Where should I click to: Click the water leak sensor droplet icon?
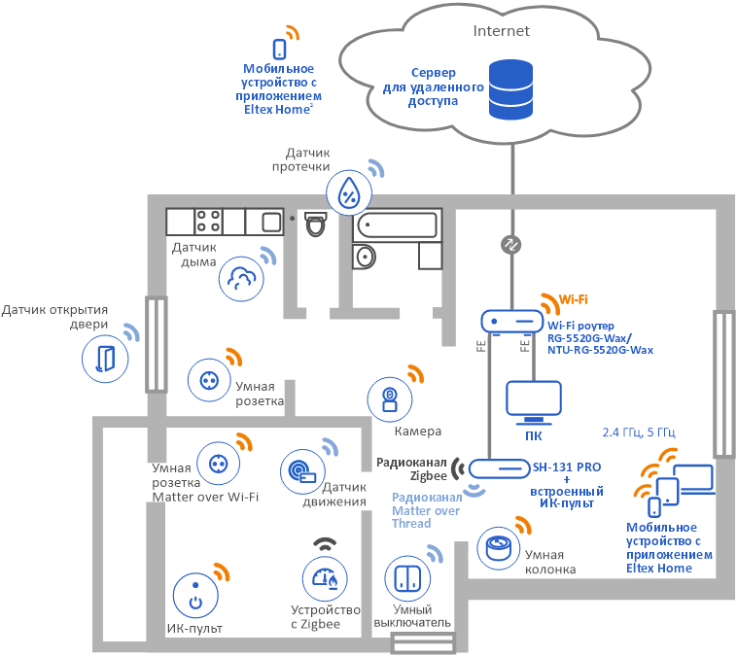tap(349, 193)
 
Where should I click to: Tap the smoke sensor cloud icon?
tap(241, 279)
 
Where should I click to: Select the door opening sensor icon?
tap(105, 359)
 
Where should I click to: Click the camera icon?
tap(390, 399)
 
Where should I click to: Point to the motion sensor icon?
tap(302, 471)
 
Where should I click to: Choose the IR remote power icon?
tap(195, 596)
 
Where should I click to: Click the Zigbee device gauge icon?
tap(325, 579)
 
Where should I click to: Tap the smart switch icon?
tap(407, 578)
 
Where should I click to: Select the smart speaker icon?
tap(499, 548)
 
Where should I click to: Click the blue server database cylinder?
tap(510, 88)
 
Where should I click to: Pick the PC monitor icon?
tap(534, 401)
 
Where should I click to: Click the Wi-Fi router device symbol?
tap(511, 322)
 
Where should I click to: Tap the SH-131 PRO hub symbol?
tap(499, 468)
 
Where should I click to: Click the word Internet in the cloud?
tap(501, 31)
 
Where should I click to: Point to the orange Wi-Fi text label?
tap(573, 300)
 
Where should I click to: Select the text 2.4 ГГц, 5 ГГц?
tap(639, 432)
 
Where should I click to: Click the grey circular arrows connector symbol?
tap(511, 244)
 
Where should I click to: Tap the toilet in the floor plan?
tap(315, 224)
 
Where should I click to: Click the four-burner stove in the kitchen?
tap(208, 222)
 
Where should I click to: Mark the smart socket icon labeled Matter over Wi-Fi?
tap(219, 464)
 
